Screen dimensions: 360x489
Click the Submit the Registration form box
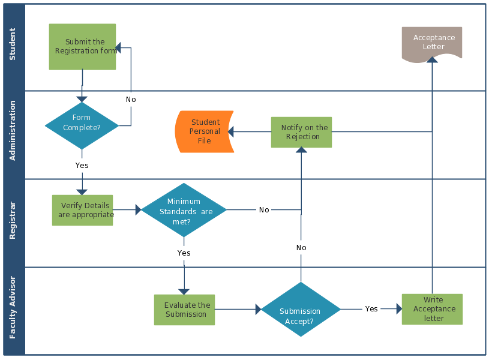pos(82,47)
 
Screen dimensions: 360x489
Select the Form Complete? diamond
pos(82,126)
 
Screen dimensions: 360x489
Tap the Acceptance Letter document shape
pos(432,43)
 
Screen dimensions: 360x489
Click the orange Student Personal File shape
pos(204,131)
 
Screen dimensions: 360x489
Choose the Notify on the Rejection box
pos(301,132)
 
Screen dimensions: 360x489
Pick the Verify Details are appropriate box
pos(82,210)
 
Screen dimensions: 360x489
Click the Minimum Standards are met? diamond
pos(184,210)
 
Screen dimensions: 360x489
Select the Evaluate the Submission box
pos(184,310)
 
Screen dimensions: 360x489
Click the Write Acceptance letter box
pos(432,309)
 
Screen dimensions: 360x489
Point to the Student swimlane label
pos(13,45)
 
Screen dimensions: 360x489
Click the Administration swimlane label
pos(13,131)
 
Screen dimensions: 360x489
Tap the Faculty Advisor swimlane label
pos(13,307)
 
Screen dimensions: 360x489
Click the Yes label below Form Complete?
pos(82,165)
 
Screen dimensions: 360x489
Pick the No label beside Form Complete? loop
pos(131,100)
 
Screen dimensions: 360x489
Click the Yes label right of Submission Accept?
pos(371,309)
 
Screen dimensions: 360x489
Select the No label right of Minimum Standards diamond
pos(264,210)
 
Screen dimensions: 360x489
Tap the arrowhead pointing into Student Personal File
pos(232,131)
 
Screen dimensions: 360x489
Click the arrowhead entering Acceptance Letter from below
pos(431,59)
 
